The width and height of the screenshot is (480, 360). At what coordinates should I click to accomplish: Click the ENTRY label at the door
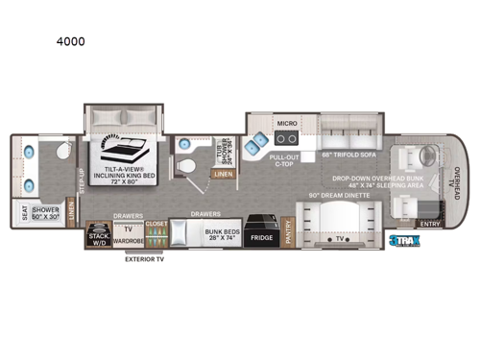tap(428, 226)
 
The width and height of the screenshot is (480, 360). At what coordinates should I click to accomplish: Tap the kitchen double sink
tap(255, 143)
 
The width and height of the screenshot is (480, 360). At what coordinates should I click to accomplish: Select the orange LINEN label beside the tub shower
tap(223, 174)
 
